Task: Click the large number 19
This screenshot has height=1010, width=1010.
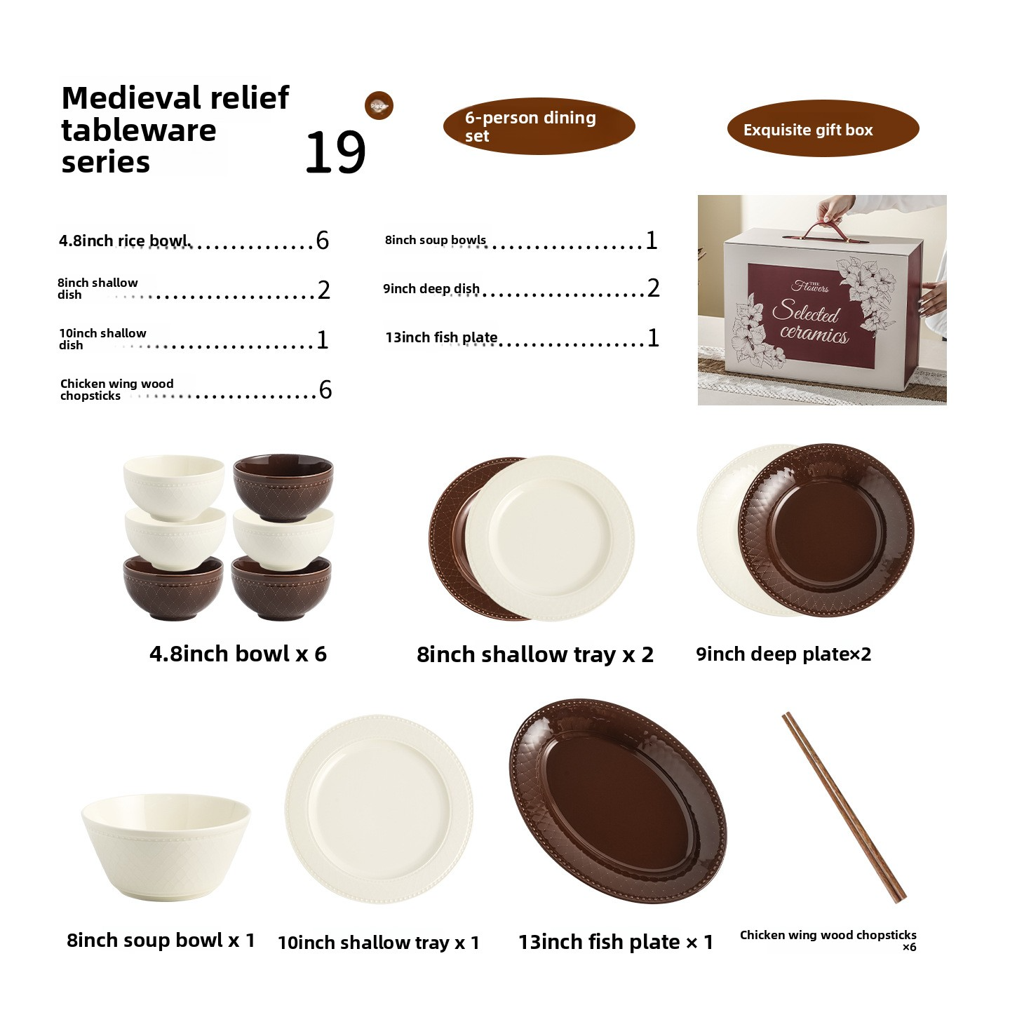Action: tap(335, 153)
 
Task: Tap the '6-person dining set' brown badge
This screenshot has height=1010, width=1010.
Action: tap(539, 126)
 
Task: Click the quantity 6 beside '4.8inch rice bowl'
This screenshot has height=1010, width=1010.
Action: tap(323, 241)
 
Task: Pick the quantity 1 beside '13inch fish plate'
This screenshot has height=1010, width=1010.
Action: tap(653, 338)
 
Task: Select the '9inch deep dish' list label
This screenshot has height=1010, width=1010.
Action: tap(431, 288)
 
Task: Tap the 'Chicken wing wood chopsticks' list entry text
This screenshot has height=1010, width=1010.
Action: tap(116, 389)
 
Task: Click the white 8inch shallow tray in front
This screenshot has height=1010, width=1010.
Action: tap(550, 539)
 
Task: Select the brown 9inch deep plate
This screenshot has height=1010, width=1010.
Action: tap(828, 530)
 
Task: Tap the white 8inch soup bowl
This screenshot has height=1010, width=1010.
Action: tap(166, 845)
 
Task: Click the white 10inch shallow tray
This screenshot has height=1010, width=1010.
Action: tap(379, 810)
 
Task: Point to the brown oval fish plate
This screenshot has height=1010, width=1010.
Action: tap(617, 800)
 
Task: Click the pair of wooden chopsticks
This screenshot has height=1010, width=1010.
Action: tap(844, 807)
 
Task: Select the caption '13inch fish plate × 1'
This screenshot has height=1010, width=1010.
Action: tap(615, 942)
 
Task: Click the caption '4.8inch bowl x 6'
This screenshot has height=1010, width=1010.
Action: tap(238, 654)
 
